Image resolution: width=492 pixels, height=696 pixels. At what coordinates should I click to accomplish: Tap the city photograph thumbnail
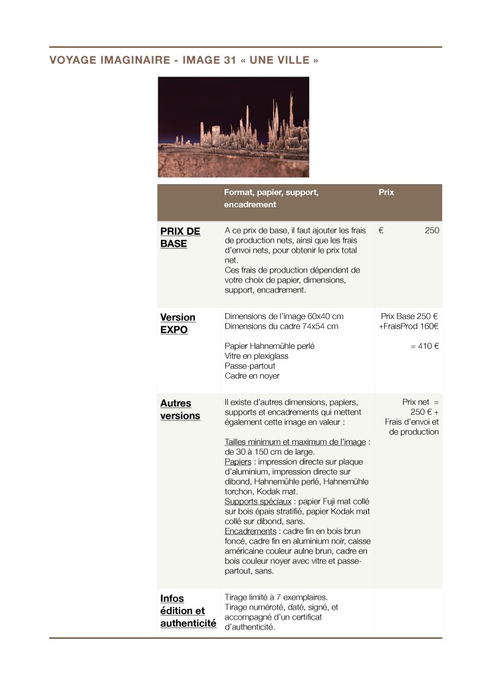pos(233,126)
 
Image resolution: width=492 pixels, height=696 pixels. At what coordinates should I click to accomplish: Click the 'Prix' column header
pos(386,192)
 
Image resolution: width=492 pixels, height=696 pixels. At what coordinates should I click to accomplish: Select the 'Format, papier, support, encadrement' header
pos(271,199)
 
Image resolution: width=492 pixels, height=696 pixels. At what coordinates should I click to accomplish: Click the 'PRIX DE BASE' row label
pos(180,237)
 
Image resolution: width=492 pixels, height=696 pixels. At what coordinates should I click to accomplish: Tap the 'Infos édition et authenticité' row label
pos(188,611)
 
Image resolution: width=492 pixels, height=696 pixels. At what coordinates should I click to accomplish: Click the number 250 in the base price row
pos(431,231)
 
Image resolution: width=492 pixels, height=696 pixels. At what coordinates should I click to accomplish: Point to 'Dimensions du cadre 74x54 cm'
pos(281,326)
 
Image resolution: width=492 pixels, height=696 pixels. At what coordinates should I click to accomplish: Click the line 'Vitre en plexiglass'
pos(257,356)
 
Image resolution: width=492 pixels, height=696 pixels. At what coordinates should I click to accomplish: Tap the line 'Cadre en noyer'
pos(252,376)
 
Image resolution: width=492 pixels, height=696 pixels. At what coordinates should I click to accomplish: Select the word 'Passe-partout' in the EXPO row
pos(250,366)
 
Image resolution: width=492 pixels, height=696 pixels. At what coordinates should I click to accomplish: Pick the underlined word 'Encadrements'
pos(251,531)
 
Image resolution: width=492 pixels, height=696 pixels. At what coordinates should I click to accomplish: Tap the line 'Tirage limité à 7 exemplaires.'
pos(276,597)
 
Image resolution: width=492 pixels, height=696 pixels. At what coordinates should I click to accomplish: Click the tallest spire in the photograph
pos(291,106)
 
